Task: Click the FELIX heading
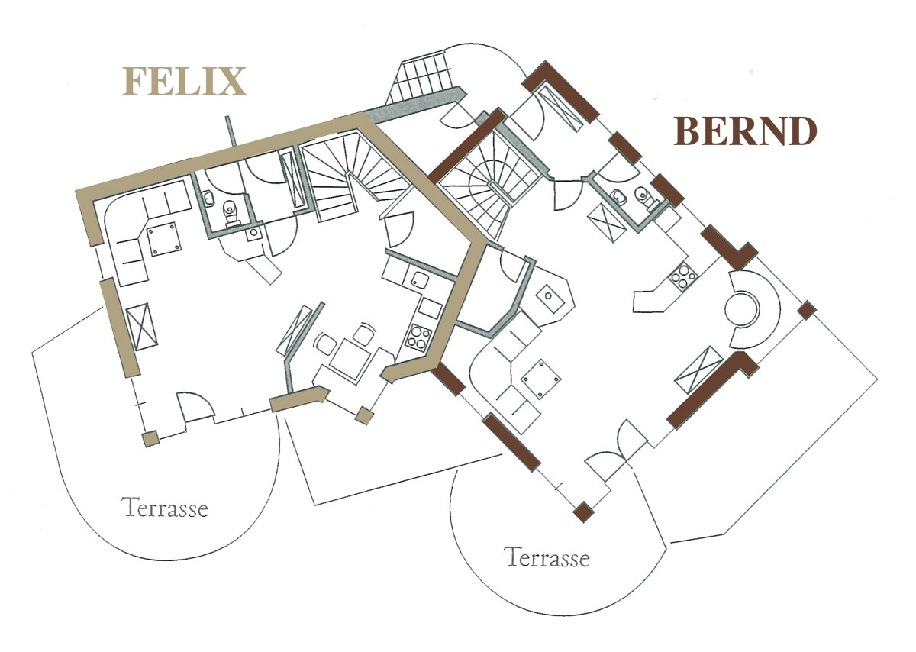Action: pos(185,82)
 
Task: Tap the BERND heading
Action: pos(746,131)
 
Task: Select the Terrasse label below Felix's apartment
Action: pos(167,507)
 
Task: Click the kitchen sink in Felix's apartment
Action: pos(418,280)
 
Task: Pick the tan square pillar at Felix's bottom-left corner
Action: pos(150,438)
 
